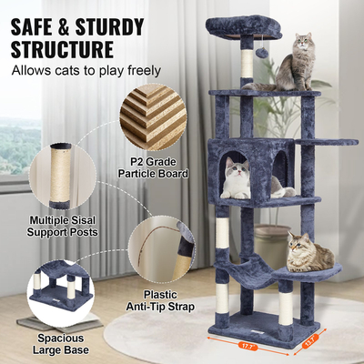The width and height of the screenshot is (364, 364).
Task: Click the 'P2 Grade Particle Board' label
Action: tap(156, 167)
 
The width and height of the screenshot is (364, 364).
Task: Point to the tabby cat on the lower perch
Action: tap(307, 252)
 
